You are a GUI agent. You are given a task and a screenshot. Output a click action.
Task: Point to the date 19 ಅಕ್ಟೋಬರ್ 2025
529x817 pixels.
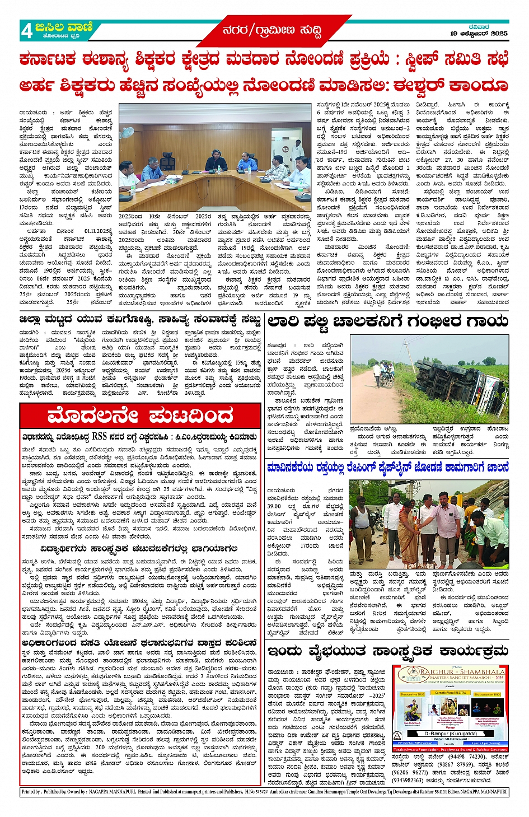(x=479, y=34)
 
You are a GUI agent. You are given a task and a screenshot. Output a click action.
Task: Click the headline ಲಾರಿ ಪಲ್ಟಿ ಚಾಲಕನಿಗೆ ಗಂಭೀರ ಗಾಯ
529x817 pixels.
(x=387, y=321)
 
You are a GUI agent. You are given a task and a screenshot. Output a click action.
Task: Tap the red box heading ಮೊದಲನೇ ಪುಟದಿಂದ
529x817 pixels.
(x=141, y=417)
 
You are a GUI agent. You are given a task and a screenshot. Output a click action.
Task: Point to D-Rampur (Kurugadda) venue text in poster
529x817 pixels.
(x=451, y=733)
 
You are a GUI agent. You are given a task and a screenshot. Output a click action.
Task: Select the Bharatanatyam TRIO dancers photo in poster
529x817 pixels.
(x=488, y=708)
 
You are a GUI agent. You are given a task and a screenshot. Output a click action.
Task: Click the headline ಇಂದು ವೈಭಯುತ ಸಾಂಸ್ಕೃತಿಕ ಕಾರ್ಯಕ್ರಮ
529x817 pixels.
(x=387, y=651)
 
